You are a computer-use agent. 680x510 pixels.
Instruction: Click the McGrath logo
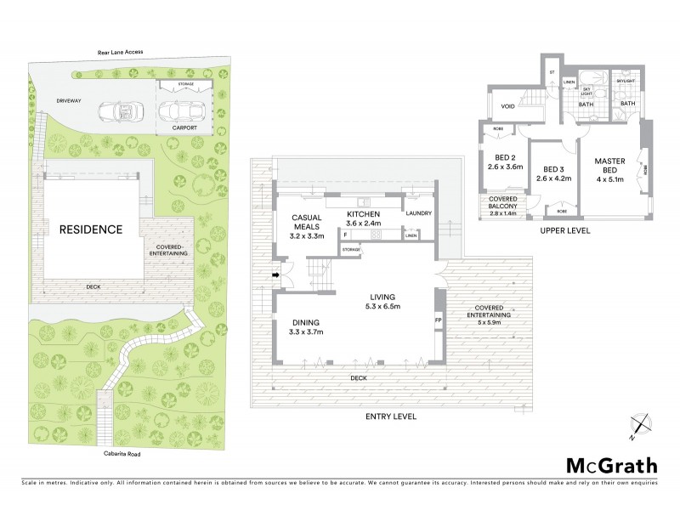611,465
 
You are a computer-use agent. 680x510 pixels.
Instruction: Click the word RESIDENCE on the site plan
90,229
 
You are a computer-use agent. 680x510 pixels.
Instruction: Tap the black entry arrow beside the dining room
275,275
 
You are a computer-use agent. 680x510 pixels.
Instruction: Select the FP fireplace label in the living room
439,321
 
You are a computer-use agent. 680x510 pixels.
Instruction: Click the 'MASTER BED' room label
609,167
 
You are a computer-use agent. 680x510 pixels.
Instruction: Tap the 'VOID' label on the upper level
508,106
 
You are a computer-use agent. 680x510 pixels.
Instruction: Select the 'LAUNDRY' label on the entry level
419,213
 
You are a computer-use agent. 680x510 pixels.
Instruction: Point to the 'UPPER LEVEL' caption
564,230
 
